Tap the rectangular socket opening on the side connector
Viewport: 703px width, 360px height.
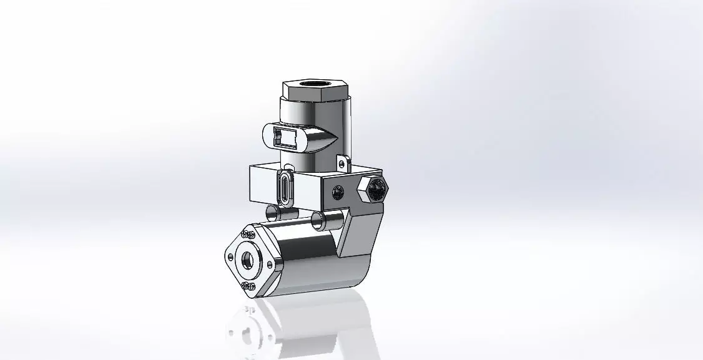(x=286, y=135)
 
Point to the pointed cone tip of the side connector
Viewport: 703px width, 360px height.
(x=335, y=138)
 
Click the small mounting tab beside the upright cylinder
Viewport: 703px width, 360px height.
(x=342, y=163)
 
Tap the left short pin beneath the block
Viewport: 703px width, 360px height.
(x=273, y=213)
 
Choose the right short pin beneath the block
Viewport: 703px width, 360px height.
(x=319, y=219)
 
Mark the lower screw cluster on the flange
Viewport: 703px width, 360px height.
(x=247, y=286)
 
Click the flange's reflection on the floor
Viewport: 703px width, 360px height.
(x=247, y=328)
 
